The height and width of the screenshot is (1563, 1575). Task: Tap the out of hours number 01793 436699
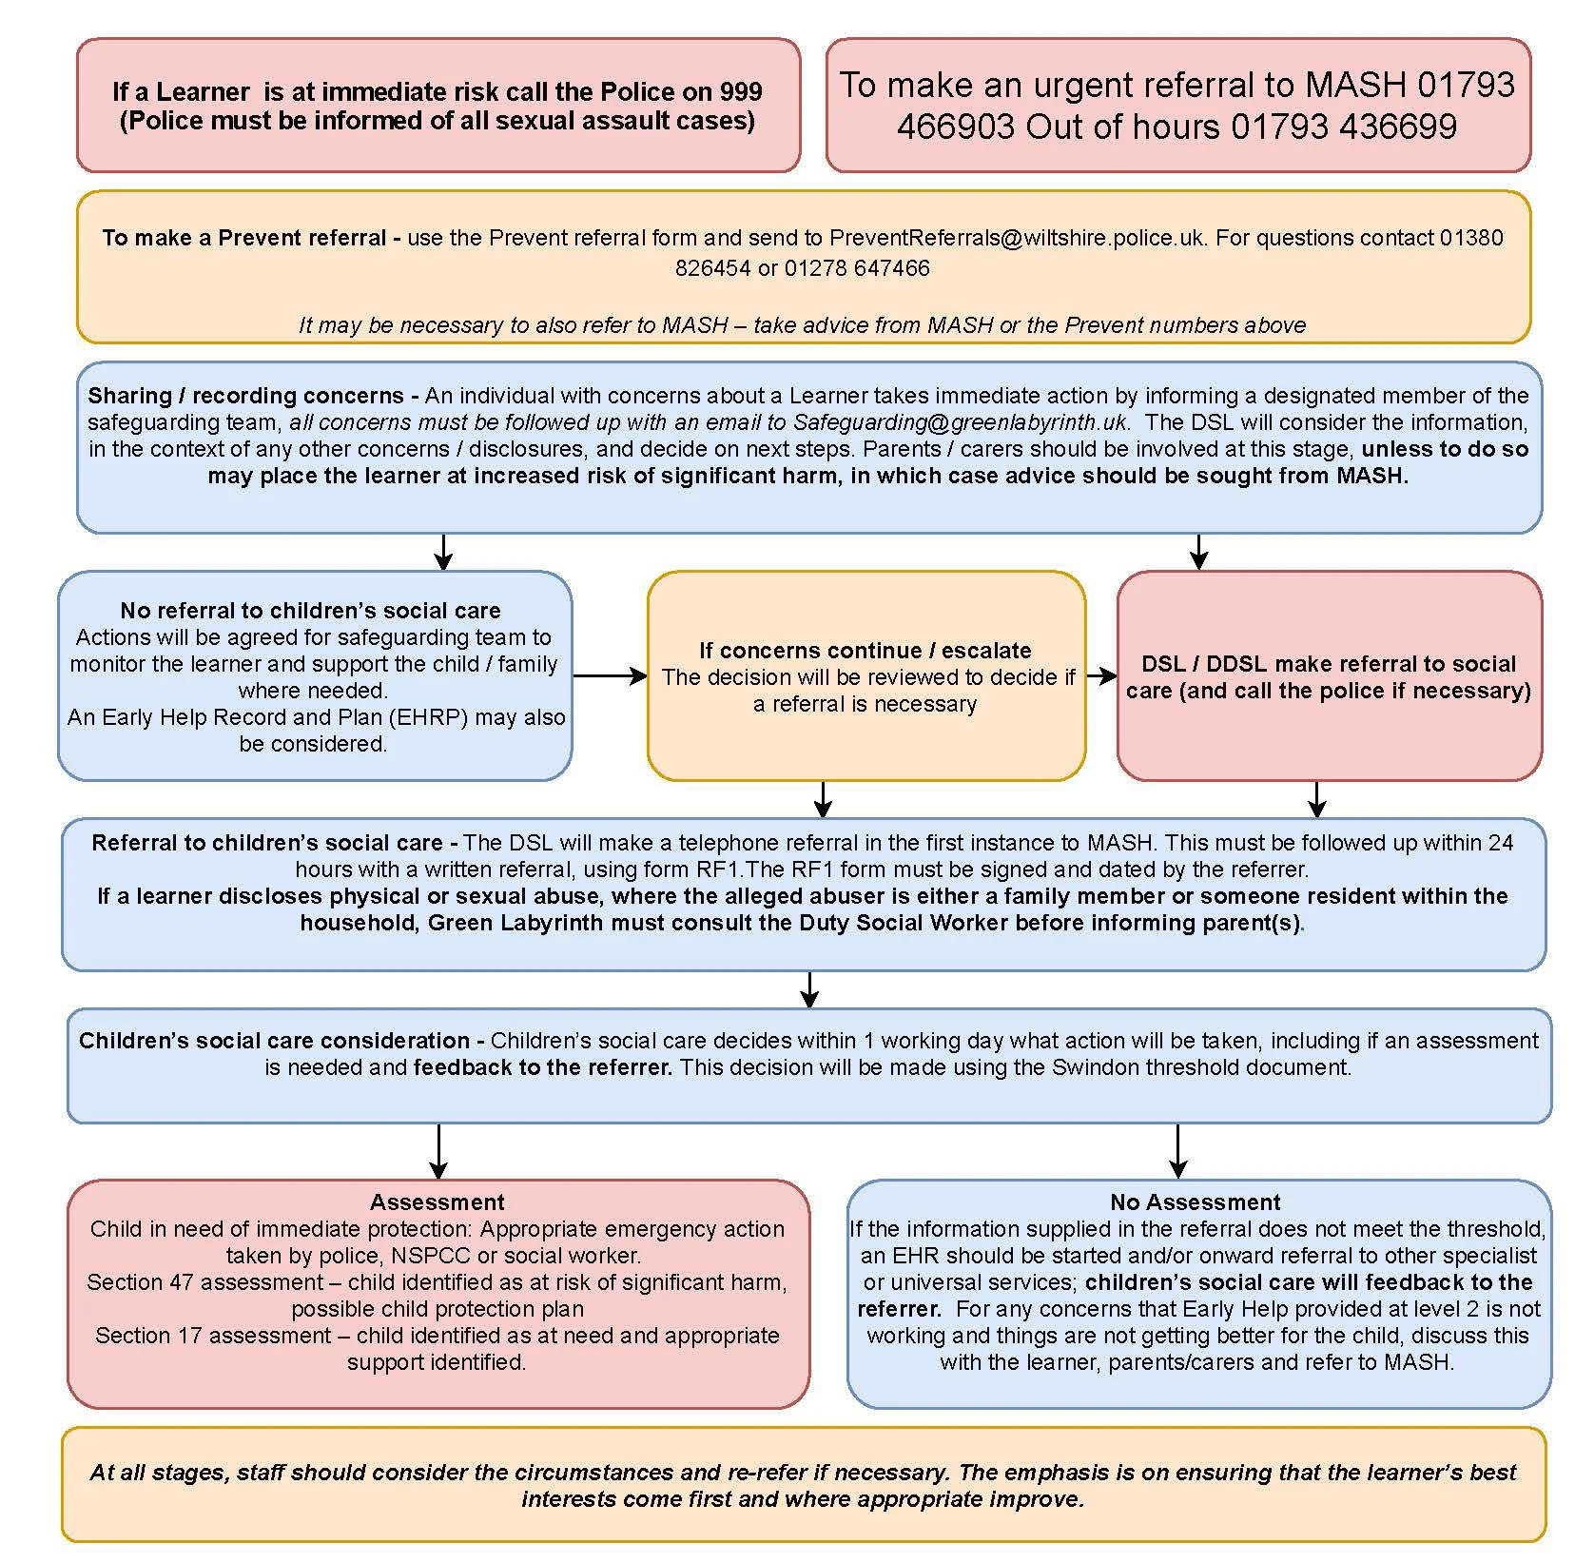(1343, 127)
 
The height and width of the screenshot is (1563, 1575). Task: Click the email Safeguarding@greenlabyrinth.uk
(961, 421)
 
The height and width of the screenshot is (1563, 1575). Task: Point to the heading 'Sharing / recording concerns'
(246, 395)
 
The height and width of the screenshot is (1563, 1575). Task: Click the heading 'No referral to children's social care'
(310, 610)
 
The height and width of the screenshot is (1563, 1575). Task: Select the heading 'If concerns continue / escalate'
(865, 650)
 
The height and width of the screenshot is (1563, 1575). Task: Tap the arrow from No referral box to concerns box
(610, 675)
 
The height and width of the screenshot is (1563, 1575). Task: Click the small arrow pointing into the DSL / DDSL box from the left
(1101, 675)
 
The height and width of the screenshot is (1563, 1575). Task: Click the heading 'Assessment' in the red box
(437, 1202)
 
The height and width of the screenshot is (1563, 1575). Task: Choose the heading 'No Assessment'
(1196, 1202)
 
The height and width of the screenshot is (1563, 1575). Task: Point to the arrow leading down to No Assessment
(1177, 1151)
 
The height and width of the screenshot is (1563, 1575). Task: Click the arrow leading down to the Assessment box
(437, 1151)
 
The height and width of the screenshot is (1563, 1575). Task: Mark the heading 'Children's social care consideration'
(275, 1040)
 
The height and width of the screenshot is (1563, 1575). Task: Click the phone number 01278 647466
(857, 267)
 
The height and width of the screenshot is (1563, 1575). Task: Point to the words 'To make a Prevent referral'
(244, 237)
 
